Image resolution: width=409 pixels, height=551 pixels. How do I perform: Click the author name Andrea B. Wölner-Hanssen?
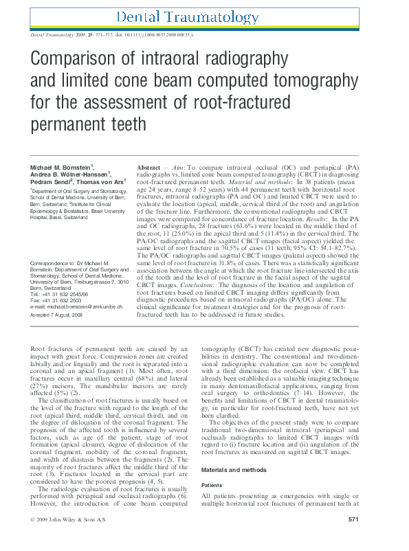tap(69, 175)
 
